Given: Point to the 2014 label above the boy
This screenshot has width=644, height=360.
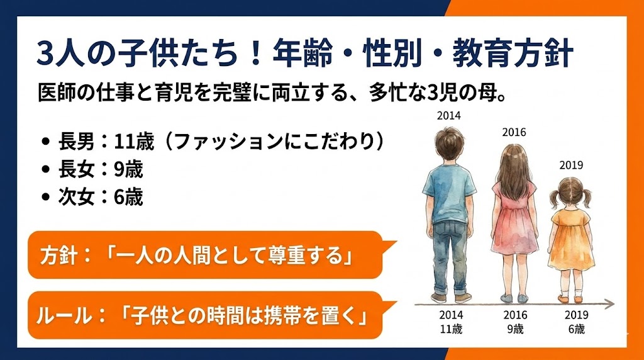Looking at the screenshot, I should pos(450,116).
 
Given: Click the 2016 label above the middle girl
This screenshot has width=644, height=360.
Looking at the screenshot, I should pos(514,132).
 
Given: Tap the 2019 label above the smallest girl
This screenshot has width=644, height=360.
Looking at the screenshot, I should pos(571,166).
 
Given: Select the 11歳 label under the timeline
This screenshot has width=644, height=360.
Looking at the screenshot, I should pos(450,329).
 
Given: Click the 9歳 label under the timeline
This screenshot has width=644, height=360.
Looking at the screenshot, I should pos(514,329).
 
